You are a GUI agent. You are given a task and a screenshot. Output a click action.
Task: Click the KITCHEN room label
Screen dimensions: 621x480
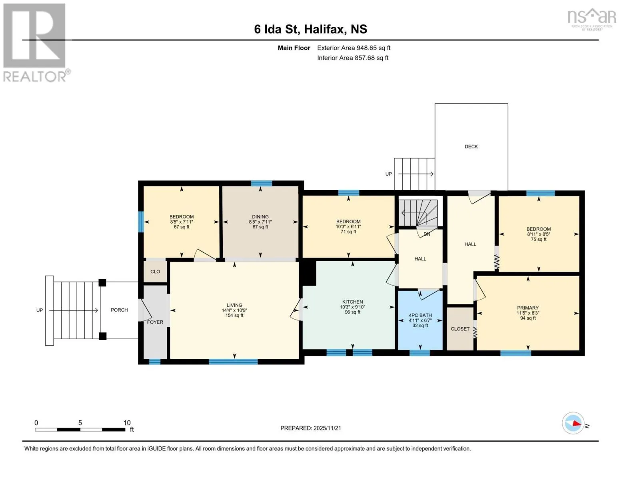click(x=352, y=302)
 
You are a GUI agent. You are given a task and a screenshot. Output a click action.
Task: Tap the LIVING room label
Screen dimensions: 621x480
click(x=234, y=305)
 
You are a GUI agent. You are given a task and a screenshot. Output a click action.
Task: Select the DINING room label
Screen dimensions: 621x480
click(x=260, y=217)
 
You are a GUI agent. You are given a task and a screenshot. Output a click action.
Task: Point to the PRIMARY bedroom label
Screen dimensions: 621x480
click(x=527, y=308)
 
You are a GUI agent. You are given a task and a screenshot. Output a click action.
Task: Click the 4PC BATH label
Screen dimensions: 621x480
click(x=420, y=315)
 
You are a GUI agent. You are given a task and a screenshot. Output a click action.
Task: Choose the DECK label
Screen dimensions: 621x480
click(x=471, y=147)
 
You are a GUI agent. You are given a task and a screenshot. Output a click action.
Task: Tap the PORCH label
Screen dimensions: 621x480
click(x=119, y=310)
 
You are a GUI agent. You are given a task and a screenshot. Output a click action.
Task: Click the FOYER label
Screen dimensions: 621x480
click(x=155, y=322)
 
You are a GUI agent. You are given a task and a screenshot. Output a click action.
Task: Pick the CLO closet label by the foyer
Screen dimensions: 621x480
click(x=155, y=272)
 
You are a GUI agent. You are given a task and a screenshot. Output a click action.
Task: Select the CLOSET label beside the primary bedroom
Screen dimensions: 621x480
click(x=460, y=329)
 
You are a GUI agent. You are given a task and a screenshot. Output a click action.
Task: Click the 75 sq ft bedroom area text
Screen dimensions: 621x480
click(x=538, y=239)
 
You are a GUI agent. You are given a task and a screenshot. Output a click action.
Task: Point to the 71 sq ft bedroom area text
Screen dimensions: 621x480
click(x=348, y=232)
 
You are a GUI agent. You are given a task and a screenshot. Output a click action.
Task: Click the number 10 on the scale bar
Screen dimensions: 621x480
click(x=127, y=423)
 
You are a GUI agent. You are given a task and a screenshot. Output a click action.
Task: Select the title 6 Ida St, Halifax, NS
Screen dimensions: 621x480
click(x=311, y=29)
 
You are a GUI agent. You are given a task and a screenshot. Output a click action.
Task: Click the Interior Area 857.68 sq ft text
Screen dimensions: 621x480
click(x=353, y=58)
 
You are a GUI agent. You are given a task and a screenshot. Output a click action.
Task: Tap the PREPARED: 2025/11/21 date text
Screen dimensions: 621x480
click(x=311, y=428)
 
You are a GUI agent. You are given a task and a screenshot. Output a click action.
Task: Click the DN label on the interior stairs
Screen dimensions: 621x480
click(x=427, y=234)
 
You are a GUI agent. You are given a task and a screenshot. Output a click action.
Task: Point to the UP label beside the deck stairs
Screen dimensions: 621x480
click(x=388, y=174)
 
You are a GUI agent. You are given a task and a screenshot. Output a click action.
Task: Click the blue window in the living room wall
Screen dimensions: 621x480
click(x=233, y=362)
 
